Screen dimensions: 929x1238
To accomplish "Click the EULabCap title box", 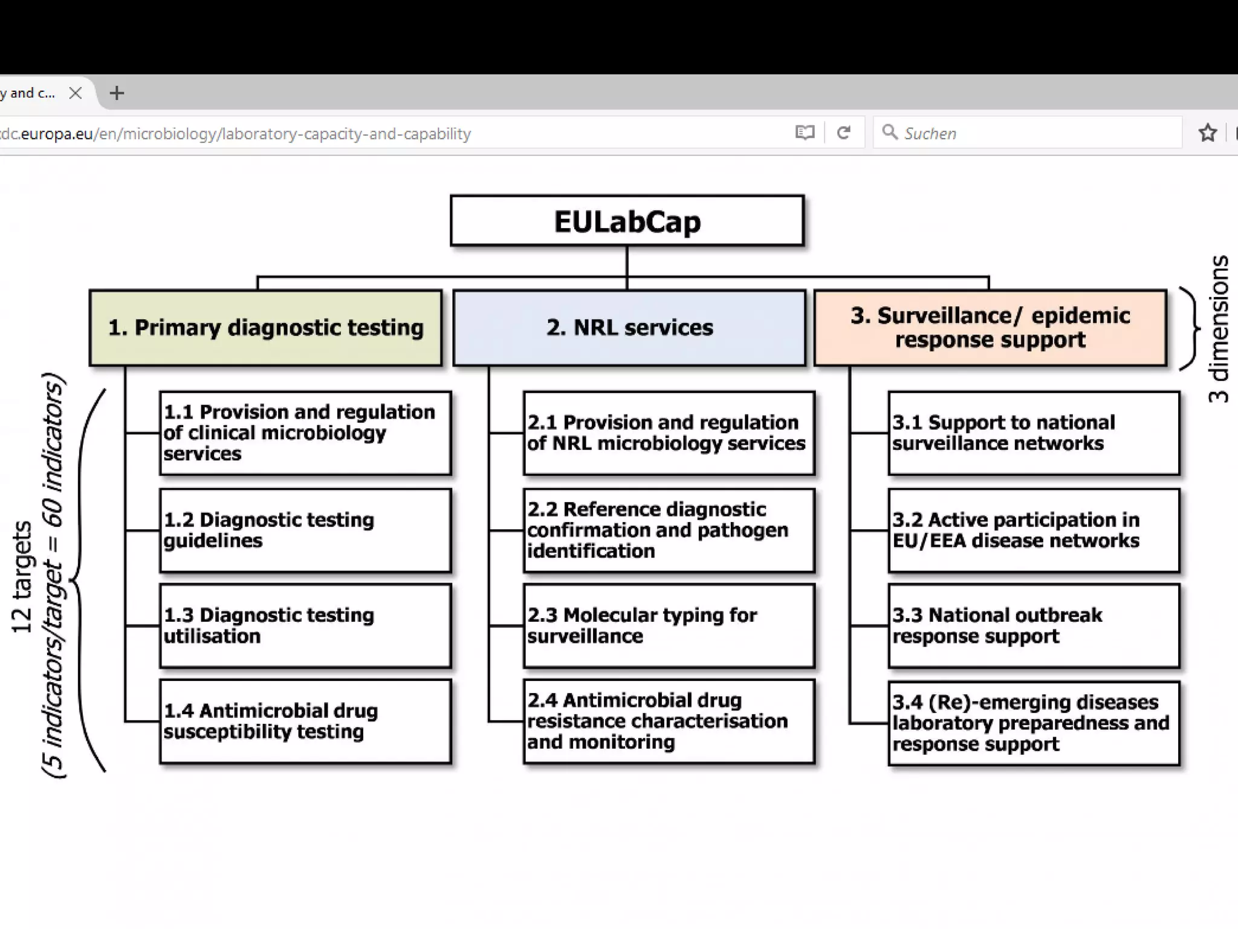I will [627, 221].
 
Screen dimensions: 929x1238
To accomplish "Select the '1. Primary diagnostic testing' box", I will [266, 328].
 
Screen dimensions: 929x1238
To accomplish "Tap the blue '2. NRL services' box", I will [629, 328].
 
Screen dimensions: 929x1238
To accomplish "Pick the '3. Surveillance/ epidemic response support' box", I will [990, 328].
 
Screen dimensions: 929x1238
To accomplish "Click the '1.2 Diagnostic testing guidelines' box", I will [305, 530].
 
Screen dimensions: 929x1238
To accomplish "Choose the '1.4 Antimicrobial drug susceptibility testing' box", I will [305, 721].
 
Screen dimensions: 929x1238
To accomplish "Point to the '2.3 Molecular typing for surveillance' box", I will [669, 625].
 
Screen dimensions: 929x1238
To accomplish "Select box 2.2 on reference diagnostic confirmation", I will [669, 530].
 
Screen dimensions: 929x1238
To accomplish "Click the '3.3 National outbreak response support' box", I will [1034, 625].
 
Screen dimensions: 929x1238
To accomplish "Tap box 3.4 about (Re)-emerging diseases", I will [1034, 723].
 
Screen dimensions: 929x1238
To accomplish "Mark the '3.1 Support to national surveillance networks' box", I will [1034, 433].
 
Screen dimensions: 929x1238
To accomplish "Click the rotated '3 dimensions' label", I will [1219, 329].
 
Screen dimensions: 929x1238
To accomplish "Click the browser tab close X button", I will [76, 93].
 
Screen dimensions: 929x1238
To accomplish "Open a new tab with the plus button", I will [117, 93].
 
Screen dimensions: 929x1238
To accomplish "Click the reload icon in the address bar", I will [844, 132].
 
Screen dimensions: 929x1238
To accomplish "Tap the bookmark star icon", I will [1207, 133].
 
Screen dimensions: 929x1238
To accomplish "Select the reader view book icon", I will [805, 132].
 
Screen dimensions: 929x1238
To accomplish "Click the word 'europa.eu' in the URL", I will [56, 134].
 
